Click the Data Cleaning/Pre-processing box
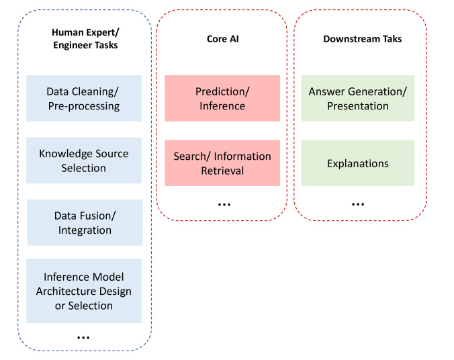(84, 98)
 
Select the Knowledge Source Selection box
(84, 160)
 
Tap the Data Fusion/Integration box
(85, 222)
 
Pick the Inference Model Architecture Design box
(84, 291)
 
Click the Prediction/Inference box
(222, 98)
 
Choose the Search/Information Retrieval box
(222, 163)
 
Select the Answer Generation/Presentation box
(357, 98)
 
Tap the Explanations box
(357, 163)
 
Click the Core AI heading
(223, 39)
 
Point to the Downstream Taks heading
(363, 39)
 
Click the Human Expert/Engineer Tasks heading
(85, 38)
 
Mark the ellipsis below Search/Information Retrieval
(224, 205)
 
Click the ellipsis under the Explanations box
(358, 204)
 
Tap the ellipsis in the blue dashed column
(83, 338)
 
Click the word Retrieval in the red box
(222, 171)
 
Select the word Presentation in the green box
(358, 106)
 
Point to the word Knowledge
(63, 154)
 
